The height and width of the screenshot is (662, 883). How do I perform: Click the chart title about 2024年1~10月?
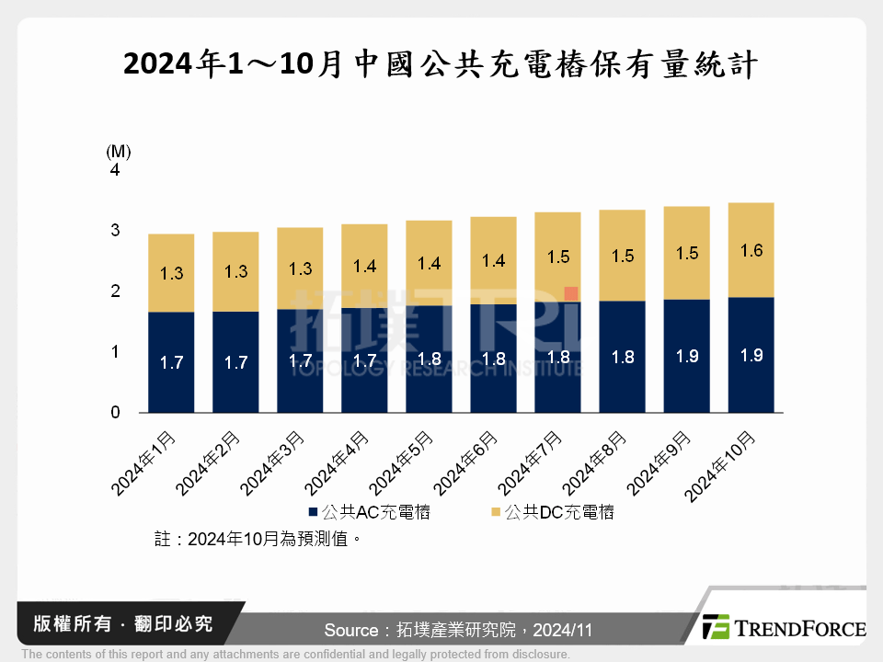pyautogui.click(x=441, y=63)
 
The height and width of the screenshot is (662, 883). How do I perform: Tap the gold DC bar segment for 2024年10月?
pyautogui.click(x=751, y=250)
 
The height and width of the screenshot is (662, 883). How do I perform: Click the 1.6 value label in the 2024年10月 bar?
pyautogui.click(x=751, y=250)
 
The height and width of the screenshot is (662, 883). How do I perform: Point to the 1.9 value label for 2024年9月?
pyautogui.click(x=687, y=356)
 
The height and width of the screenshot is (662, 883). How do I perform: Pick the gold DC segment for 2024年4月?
pyautogui.click(x=364, y=266)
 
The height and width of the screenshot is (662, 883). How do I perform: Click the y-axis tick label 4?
pyautogui.click(x=115, y=171)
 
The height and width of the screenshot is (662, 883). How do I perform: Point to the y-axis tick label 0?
pyautogui.click(x=115, y=413)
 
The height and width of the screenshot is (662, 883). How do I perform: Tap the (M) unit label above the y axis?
pyautogui.click(x=119, y=150)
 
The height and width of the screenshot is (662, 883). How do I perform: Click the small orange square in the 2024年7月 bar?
pyautogui.click(x=571, y=293)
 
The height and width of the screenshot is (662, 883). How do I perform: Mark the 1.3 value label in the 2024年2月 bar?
pyautogui.click(x=235, y=271)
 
